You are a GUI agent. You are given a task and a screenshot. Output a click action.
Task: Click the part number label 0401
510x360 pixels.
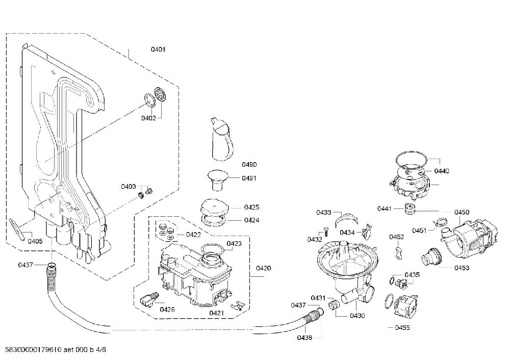[158, 49]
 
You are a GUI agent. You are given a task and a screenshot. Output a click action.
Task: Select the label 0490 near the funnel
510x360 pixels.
[249, 165]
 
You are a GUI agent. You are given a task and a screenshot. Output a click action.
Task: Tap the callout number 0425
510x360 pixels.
[252, 207]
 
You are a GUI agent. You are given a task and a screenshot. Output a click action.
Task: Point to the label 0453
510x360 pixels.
[462, 268]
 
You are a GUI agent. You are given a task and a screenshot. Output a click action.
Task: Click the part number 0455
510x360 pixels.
[402, 327]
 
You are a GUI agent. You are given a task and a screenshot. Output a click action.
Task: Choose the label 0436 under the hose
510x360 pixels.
[304, 338]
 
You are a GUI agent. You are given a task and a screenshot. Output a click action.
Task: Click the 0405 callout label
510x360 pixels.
[35, 241]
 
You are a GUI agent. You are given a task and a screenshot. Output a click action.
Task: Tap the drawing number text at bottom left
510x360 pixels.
[54, 350]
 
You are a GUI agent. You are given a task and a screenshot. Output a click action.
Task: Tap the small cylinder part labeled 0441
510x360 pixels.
[410, 208]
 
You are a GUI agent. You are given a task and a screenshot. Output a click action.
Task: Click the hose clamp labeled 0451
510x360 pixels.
[439, 223]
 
